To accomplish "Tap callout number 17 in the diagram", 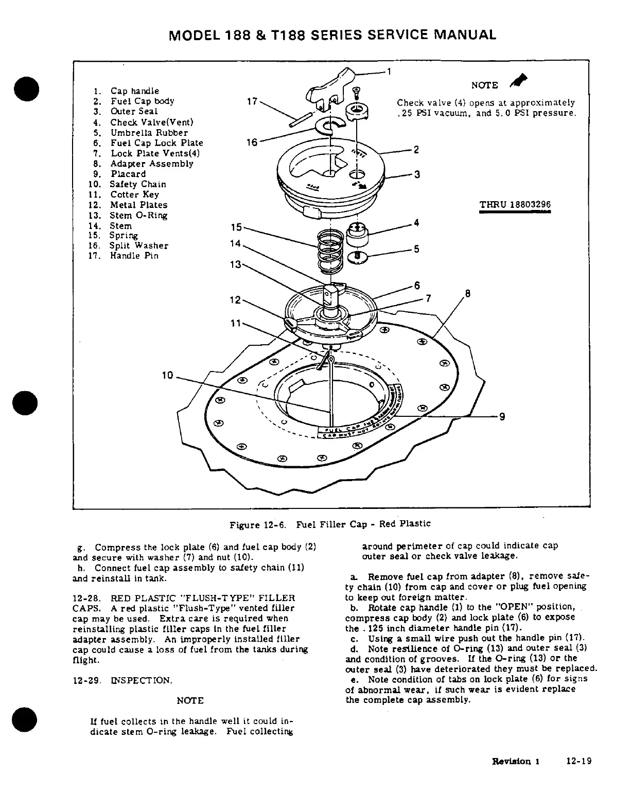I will (x=252, y=101).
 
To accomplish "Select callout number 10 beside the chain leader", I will (x=167, y=376).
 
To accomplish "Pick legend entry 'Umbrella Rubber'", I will (x=149, y=132).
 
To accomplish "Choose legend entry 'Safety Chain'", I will (x=138, y=184).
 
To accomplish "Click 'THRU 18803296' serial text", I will (x=515, y=205).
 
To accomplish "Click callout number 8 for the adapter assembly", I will (x=467, y=294).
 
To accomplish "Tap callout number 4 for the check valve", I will (x=416, y=223).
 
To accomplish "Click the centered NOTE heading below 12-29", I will (x=190, y=701).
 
